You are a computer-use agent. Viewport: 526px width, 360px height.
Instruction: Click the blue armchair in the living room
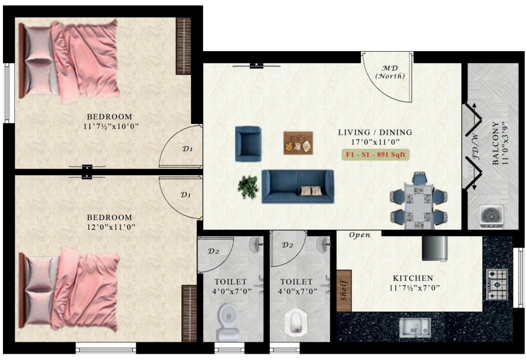[x=248, y=144]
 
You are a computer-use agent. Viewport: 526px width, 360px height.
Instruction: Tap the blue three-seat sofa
[x=297, y=186]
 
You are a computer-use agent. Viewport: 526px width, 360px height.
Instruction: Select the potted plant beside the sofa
[x=248, y=187]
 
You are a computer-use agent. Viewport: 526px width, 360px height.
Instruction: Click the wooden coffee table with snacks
[x=298, y=143]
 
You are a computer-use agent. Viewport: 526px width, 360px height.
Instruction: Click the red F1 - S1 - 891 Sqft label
[x=376, y=154]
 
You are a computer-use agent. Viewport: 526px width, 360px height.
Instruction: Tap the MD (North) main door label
[x=390, y=72]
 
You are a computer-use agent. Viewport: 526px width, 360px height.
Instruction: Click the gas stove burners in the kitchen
[x=497, y=284]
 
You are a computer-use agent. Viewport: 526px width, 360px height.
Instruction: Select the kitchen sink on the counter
[x=414, y=328]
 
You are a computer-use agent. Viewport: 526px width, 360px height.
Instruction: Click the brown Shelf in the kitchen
[x=344, y=290]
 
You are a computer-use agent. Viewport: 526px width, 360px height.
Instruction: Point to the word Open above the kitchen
[x=359, y=235]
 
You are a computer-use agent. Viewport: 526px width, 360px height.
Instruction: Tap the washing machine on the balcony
[x=492, y=215]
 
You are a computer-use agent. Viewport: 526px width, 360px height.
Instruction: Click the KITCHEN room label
[x=409, y=278]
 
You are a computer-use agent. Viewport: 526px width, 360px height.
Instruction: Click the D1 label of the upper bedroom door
[x=187, y=149]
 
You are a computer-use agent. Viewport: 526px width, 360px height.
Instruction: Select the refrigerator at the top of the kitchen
[x=435, y=248]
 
